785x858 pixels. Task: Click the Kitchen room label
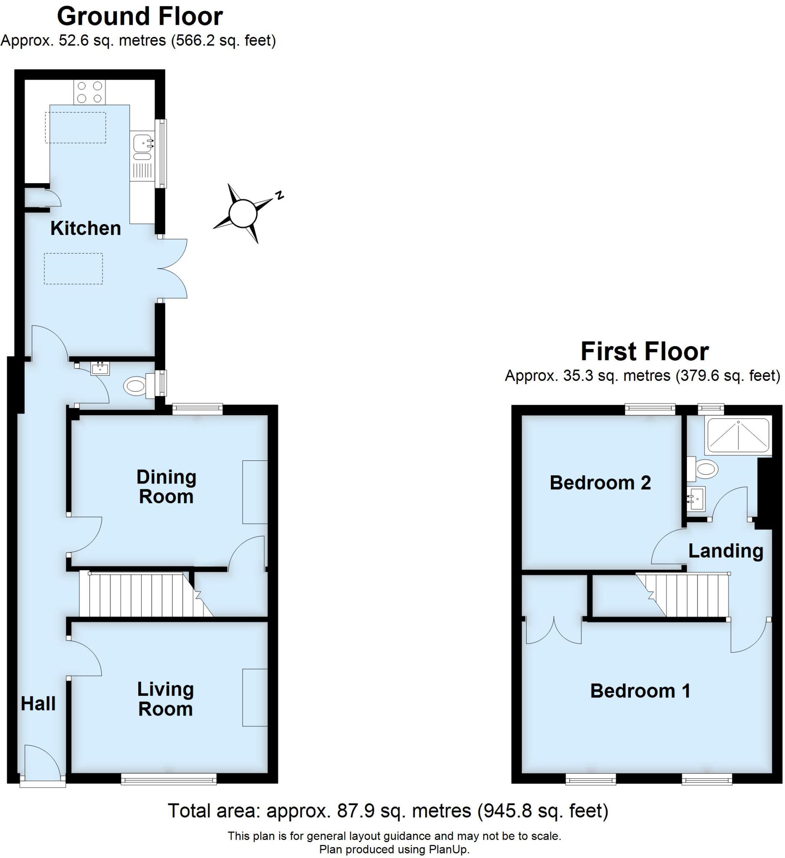pyautogui.click(x=85, y=229)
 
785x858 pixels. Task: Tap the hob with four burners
pyautogui.click(x=89, y=92)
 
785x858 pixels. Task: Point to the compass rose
pyautogui.click(x=243, y=212)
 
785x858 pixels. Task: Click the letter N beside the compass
pyautogui.click(x=279, y=195)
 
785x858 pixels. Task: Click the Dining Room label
pyautogui.click(x=166, y=487)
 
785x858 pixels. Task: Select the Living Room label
pyautogui.click(x=165, y=699)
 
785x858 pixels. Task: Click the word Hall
pyautogui.click(x=38, y=704)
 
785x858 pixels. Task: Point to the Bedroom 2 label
pyautogui.click(x=600, y=483)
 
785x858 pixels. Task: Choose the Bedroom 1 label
pyautogui.click(x=640, y=691)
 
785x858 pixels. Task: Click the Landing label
pyautogui.click(x=726, y=551)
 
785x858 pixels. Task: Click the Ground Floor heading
pyautogui.click(x=139, y=17)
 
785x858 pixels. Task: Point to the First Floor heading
pyautogui.click(x=644, y=351)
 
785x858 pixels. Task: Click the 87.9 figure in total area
pyautogui.click(x=356, y=811)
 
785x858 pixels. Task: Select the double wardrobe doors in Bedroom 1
pyautogui.click(x=553, y=631)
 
